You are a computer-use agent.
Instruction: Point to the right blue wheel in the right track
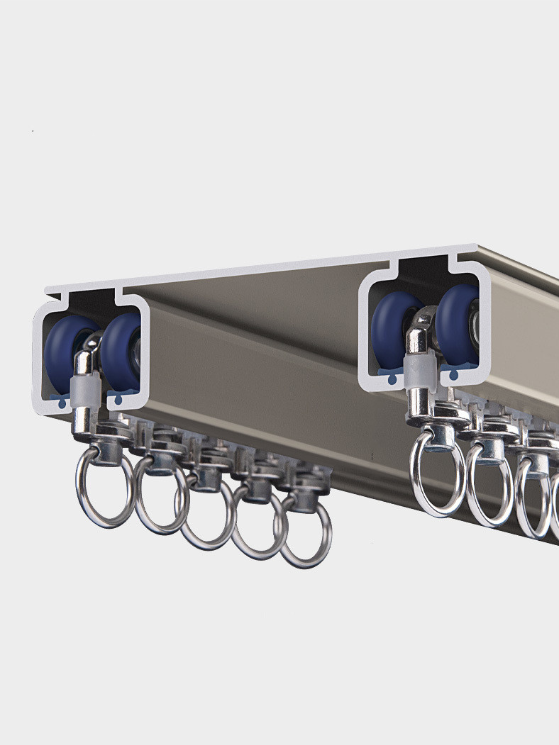pos(458,323)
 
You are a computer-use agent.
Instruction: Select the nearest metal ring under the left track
pos(105,489)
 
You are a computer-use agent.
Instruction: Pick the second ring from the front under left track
pos(162,496)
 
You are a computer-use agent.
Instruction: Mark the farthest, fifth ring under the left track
pos(305,532)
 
